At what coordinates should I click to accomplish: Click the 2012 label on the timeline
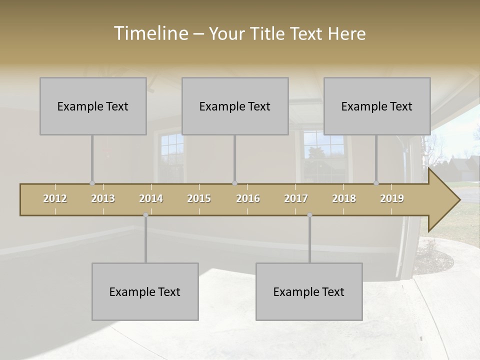tap(55, 198)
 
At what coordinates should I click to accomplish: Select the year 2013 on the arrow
tap(103, 198)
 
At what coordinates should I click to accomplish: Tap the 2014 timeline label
tap(151, 198)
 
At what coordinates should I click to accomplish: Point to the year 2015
tap(199, 198)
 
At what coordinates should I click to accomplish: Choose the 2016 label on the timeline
tap(248, 198)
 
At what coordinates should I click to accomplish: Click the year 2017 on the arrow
tap(296, 198)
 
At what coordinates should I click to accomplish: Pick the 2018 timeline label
tap(344, 198)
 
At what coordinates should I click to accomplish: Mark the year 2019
tap(392, 198)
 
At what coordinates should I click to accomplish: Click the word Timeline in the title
tap(150, 33)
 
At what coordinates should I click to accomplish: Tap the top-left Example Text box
tap(93, 106)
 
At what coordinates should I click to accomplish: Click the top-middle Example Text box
tap(235, 106)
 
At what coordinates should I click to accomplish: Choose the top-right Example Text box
tap(377, 106)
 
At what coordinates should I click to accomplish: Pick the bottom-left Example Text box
tap(145, 291)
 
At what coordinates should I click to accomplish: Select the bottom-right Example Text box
tap(309, 291)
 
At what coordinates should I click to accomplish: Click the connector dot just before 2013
tap(92, 183)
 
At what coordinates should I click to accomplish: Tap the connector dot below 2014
tap(145, 215)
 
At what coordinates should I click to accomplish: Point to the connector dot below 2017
tap(309, 215)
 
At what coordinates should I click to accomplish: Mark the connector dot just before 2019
tap(376, 183)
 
